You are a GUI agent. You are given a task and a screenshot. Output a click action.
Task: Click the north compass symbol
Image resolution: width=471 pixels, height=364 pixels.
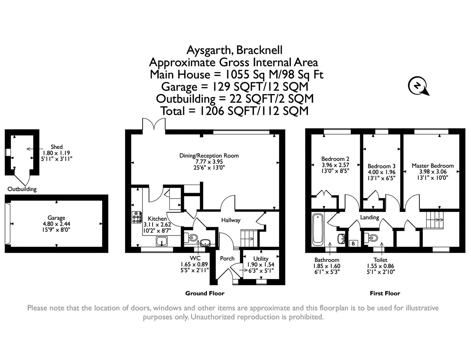[x=418, y=86]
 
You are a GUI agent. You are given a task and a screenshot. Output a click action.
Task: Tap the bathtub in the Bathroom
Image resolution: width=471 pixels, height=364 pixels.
[x=318, y=229]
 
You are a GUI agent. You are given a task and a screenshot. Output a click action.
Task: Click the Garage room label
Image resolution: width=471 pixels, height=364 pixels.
[x=56, y=218]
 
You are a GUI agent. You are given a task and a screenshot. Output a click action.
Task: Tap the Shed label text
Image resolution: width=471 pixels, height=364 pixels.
[x=57, y=147]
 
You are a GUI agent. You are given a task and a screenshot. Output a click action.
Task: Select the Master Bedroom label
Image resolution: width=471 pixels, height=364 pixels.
[x=433, y=165]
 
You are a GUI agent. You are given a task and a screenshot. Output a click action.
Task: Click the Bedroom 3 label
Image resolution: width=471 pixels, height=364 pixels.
[x=381, y=166]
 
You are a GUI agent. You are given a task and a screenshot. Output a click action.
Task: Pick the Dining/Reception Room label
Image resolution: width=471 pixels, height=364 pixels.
[x=209, y=155]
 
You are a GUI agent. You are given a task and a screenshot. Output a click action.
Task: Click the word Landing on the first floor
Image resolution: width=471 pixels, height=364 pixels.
[x=370, y=217]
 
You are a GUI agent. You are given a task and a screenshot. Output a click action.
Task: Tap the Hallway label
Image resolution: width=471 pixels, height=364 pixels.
[x=231, y=220]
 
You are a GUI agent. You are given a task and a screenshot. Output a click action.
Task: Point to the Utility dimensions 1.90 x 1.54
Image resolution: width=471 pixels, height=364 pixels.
[x=261, y=265]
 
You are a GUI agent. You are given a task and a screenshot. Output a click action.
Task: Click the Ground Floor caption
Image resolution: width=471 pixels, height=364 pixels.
[x=205, y=293]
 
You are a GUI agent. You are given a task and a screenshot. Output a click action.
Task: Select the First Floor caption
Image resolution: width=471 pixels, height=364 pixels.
[x=385, y=293]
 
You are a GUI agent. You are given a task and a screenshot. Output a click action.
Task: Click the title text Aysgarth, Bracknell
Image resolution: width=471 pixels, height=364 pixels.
[x=234, y=50]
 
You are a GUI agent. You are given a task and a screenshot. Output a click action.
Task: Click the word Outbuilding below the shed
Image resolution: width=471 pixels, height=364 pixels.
[x=22, y=189]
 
